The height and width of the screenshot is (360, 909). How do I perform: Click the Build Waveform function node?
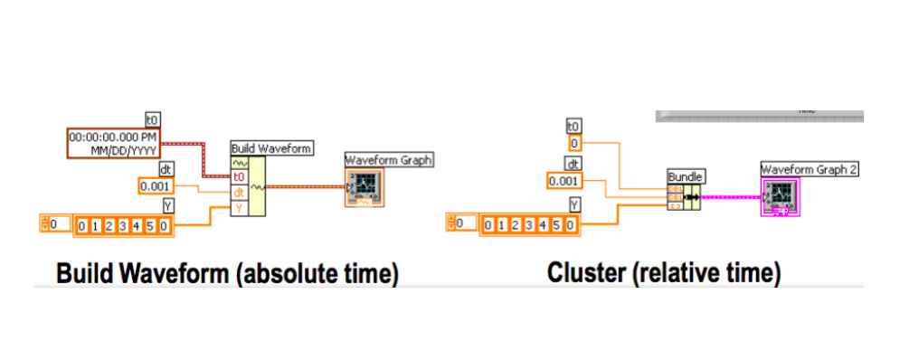[248, 185]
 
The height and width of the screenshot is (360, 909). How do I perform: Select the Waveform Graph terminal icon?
[365, 188]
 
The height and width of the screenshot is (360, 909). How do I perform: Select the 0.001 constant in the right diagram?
[564, 181]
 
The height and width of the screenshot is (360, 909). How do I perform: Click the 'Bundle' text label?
[685, 175]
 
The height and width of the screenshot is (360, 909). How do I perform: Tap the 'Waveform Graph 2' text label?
[810, 169]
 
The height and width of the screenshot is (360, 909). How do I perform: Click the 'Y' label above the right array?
[573, 205]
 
